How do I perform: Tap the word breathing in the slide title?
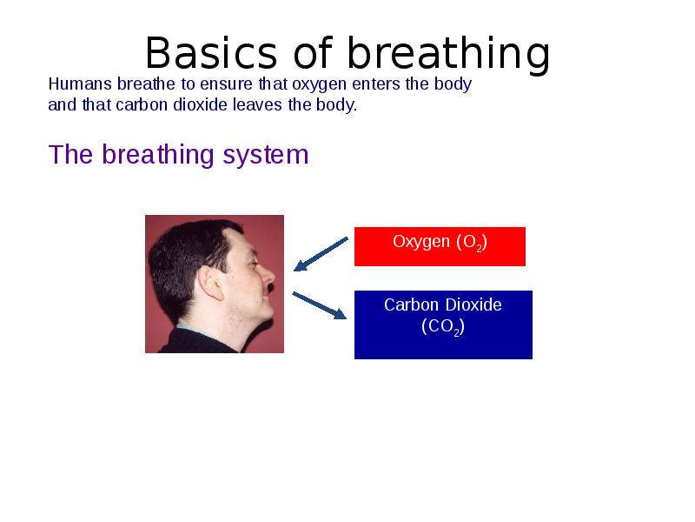point(449,54)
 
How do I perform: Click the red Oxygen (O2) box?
point(440,246)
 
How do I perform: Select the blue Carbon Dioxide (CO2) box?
point(443,325)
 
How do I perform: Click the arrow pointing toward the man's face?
point(321,253)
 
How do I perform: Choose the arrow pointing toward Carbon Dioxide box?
point(320,305)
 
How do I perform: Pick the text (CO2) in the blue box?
point(443,328)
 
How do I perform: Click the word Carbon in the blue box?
point(412,305)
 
